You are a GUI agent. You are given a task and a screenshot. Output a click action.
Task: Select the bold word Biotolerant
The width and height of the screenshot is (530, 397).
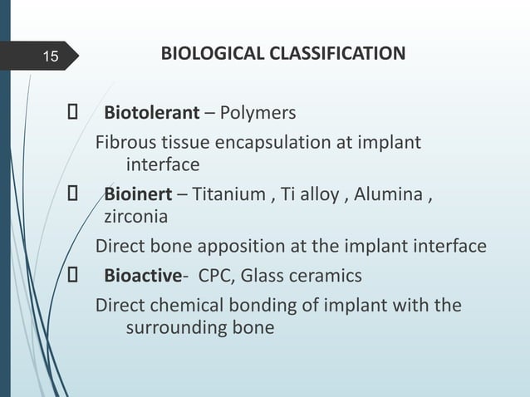pyautogui.click(x=151, y=112)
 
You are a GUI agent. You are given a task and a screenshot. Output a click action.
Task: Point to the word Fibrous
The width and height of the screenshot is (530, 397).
pyautogui.click(x=123, y=143)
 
